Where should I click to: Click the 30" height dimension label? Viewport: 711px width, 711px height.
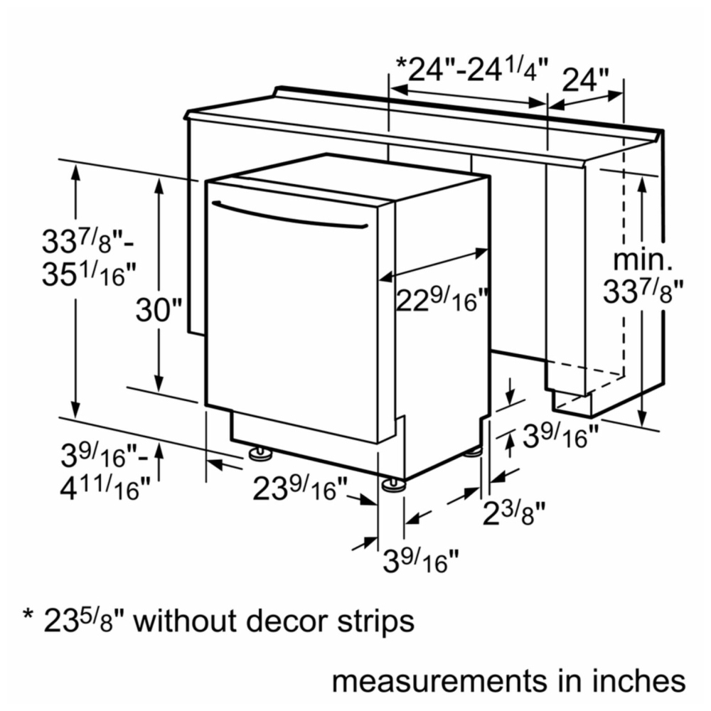(x=159, y=310)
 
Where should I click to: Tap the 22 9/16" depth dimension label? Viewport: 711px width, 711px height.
(x=442, y=300)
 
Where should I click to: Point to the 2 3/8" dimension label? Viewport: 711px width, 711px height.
(x=513, y=513)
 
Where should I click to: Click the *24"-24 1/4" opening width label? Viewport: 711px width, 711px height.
(x=471, y=70)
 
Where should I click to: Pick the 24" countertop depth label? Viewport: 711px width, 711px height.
(x=585, y=80)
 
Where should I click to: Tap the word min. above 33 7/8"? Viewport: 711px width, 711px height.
(x=643, y=260)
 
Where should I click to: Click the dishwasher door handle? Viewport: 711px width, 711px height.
(x=289, y=215)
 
